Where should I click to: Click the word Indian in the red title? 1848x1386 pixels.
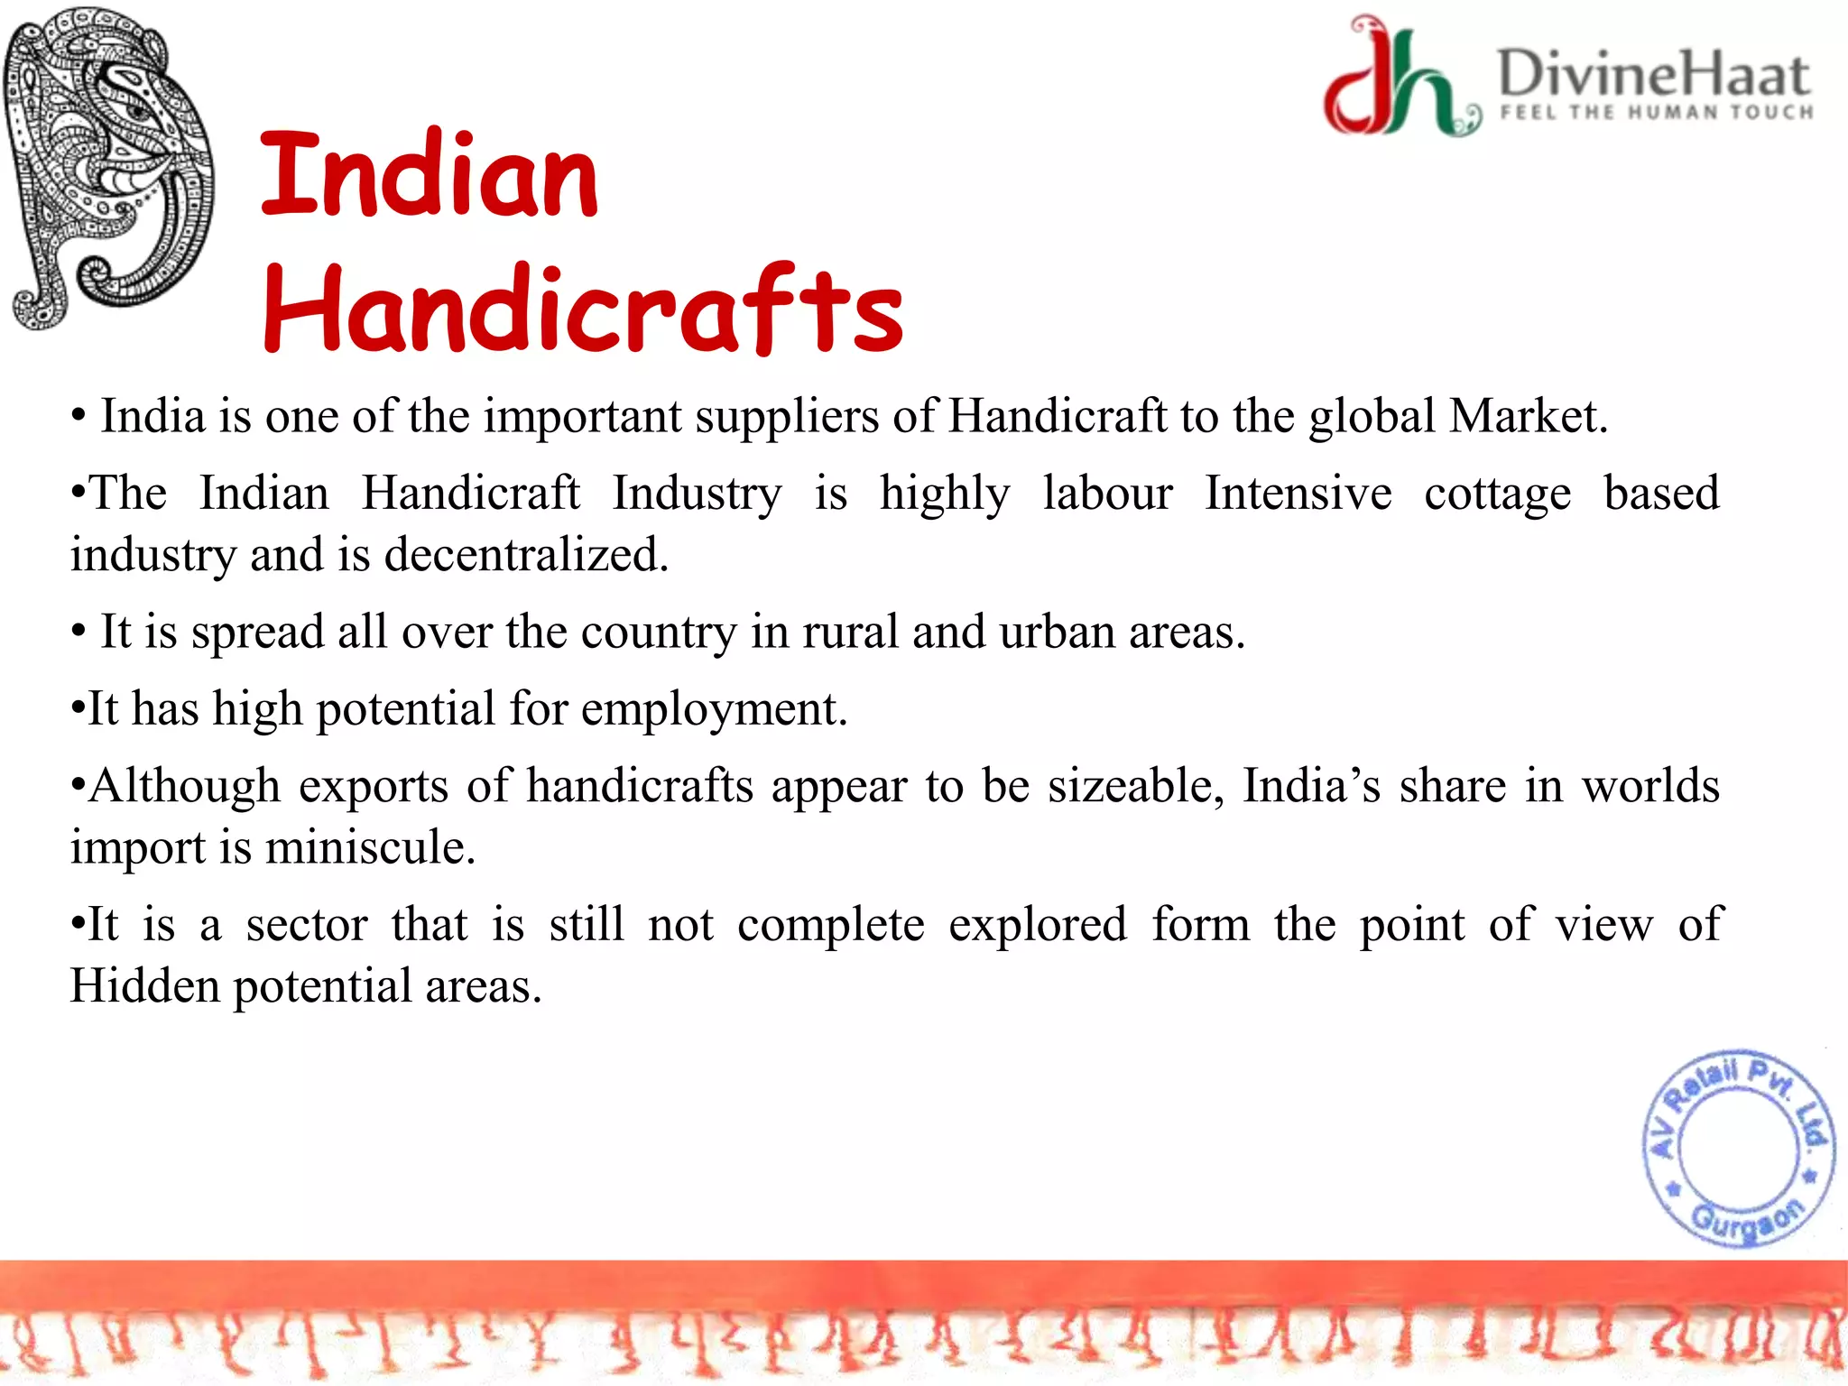pos(430,176)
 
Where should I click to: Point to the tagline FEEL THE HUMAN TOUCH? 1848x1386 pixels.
pos(1657,113)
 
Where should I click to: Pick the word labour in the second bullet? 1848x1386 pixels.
pos(1107,494)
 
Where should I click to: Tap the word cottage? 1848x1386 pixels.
pos(1497,494)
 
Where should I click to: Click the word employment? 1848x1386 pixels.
pos(713,709)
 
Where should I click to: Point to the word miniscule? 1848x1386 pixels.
pos(370,847)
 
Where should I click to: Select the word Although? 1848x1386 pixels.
pos(184,786)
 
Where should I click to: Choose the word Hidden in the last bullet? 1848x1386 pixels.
pos(144,985)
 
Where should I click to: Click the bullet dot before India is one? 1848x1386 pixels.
pos(79,418)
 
